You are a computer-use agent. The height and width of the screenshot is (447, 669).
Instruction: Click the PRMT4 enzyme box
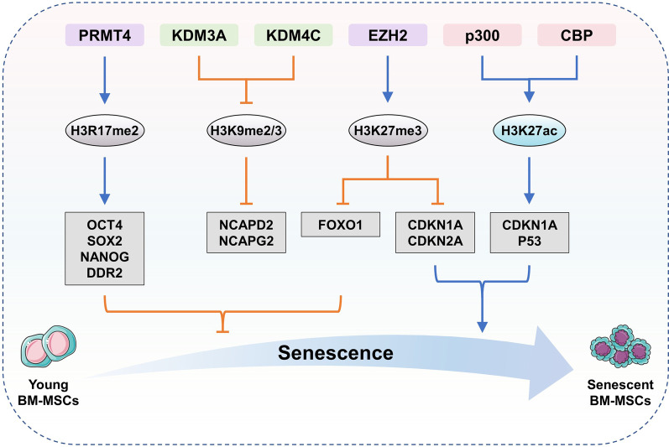click(x=105, y=35)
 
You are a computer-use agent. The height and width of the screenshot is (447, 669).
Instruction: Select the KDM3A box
click(x=197, y=35)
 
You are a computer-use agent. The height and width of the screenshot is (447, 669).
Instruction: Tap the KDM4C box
click(x=292, y=35)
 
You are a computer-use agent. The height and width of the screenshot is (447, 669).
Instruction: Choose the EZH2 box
click(x=385, y=35)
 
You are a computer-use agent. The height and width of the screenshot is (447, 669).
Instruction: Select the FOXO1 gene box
click(x=339, y=225)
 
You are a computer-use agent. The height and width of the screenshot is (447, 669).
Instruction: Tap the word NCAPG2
click(x=245, y=241)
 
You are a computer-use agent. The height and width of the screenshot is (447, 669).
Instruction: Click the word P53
click(x=528, y=241)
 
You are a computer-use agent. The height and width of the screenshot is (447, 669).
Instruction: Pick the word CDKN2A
click(x=433, y=241)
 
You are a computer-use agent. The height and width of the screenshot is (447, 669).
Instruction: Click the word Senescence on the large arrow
click(x=336, y=353)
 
